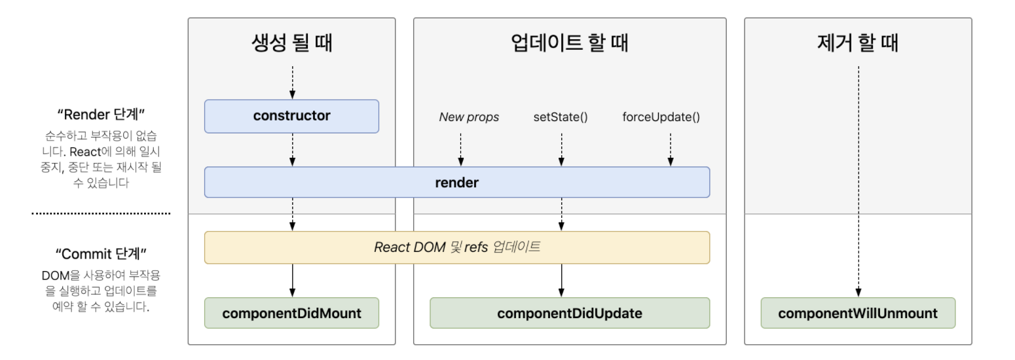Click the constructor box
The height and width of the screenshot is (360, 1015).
(x=291, y=117)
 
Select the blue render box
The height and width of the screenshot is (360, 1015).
(x=456, y=183)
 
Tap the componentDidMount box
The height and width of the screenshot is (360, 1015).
(x=291, y=313)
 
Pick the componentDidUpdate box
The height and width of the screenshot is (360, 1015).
(x=569, y=313)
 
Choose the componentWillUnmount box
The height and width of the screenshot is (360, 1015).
(x=858, y=313)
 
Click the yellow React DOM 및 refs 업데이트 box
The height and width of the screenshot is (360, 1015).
(x=456, y=247)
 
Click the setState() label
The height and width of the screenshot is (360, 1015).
(x=561, y=118)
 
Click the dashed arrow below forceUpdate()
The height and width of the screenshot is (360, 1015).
(x=670, y=149)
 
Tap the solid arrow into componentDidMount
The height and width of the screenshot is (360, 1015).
(x=292, y=280)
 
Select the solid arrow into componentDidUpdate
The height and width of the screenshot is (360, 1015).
(x=561, y=280)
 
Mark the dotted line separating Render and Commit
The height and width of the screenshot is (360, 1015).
(x=100, y=213)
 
